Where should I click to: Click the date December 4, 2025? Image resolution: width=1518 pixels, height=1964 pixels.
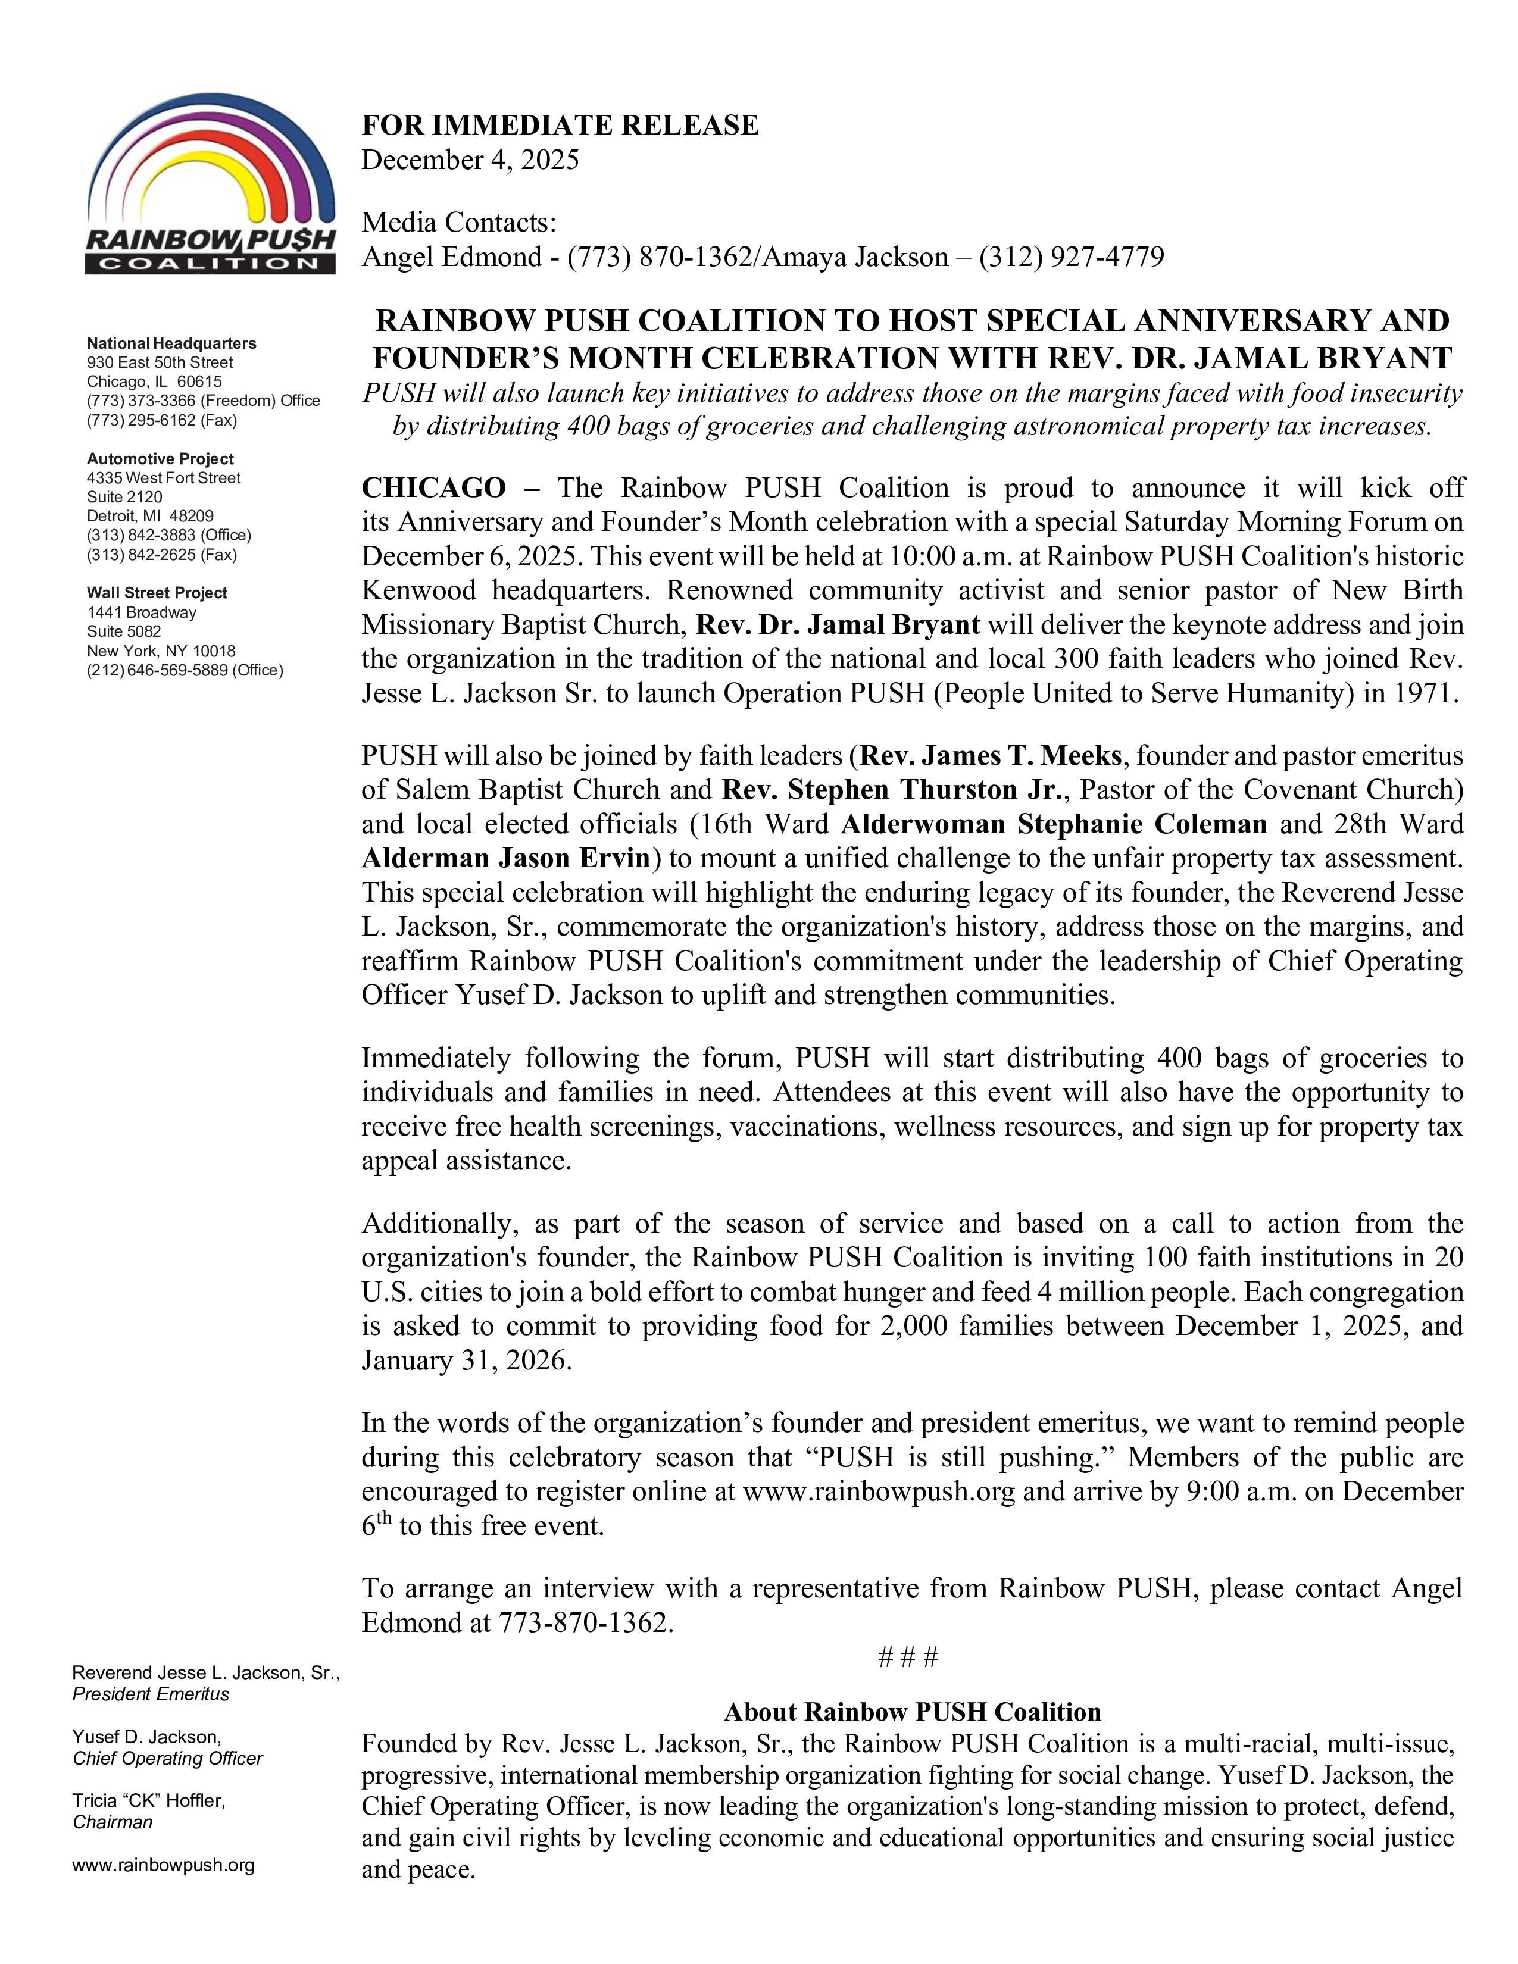click(470, 160)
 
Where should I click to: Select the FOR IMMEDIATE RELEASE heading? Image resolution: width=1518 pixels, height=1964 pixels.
click(560, 125)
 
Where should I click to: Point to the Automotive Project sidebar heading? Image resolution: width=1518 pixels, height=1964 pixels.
click(160, 459)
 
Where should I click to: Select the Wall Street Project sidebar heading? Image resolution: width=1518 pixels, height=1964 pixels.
click(157, 593)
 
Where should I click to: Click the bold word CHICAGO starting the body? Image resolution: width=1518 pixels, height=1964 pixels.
click(433, 488)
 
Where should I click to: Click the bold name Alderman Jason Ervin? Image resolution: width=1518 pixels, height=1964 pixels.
click(505, 858)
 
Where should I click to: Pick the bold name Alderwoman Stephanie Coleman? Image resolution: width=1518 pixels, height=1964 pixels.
click(1053, 824)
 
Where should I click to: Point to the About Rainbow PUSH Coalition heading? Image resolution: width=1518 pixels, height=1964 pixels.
click(912, 1711)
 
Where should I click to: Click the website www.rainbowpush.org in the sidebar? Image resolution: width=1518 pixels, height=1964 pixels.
click(164, 1865)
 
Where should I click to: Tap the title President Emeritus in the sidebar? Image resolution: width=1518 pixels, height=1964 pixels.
click(151, 1694)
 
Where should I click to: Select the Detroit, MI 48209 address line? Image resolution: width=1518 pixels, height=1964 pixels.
click(150, 516)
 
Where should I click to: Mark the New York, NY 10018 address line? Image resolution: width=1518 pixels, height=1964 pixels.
click(161, 650)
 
